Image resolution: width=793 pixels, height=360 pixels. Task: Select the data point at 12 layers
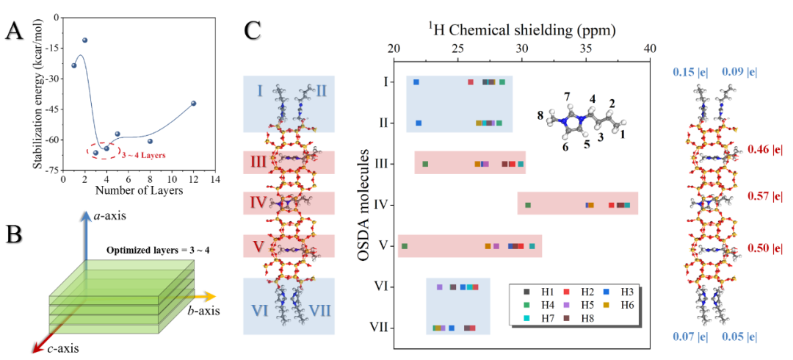pyautogui.click(x=193, y=104)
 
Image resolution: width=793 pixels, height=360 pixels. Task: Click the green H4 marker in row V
pyautogui.click(x=404, y=245)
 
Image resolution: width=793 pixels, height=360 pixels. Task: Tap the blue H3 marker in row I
pyautogui.click(x=416, y=82)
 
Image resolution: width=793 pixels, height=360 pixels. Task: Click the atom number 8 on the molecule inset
pyautogui.click(x=540, y=115)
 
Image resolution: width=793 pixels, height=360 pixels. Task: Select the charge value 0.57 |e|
pyautogui.click(x=764, y=197)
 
